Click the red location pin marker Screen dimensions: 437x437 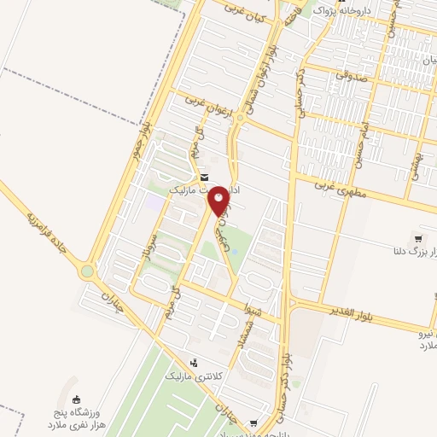tap(218, 201)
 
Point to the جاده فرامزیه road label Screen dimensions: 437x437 tap(44, 226)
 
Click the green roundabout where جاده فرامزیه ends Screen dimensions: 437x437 tap(87, 271)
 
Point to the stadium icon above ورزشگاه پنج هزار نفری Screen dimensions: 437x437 tap(76, 399)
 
